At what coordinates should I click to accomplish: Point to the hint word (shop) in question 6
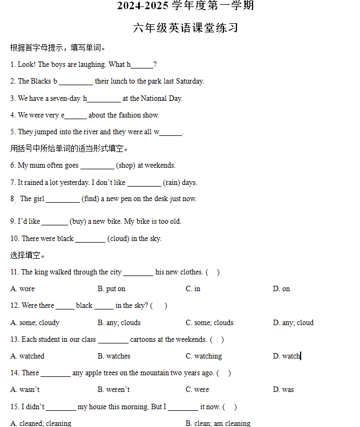pyautogui.click(x=126, y=166)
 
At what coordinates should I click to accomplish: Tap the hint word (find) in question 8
pyautogui.click(x=91, y=199)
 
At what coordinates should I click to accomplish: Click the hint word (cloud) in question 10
pyautogui.click(x=118, y=239)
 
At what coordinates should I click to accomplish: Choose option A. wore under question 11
pyautogui.click(x=23, y=289)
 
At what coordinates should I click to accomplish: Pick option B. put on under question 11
pyautogui.click(x=112, y=289)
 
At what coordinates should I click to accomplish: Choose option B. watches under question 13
pyautogui.click(x=114, y=356)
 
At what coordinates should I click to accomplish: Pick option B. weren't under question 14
pyautogui.click(x=113, y=390)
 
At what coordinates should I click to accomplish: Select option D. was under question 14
pyautogui.click(x=283, y=390)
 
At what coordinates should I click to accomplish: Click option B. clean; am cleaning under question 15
pyautogui.click(x=218, y=423)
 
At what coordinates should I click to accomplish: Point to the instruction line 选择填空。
pyautogui.click(x=28, y=255)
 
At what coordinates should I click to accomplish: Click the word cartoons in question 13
pyautogui.click(x=145, y=340)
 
